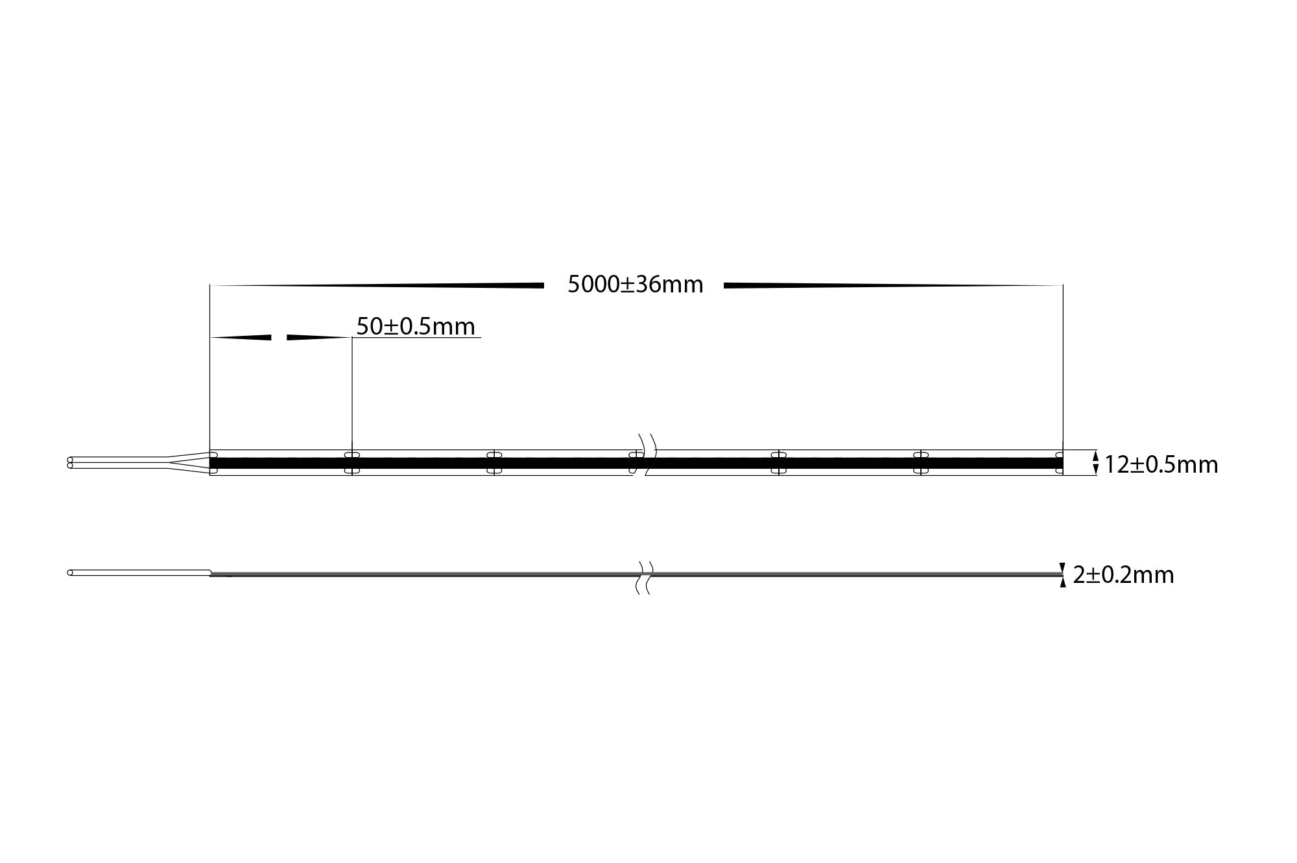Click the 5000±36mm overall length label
(635, 285)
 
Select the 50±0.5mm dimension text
(416, 326)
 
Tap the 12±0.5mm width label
(1161, 464)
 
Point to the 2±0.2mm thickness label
(1123, 575)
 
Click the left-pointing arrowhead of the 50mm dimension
(241, 337)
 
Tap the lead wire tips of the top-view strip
(70, 462)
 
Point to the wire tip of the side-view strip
(70, 573)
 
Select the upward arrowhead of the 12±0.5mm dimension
(1096, 456)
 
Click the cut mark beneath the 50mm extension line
(351, 462)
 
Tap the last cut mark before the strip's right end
(921, 462)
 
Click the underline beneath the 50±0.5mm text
(416, 338)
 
